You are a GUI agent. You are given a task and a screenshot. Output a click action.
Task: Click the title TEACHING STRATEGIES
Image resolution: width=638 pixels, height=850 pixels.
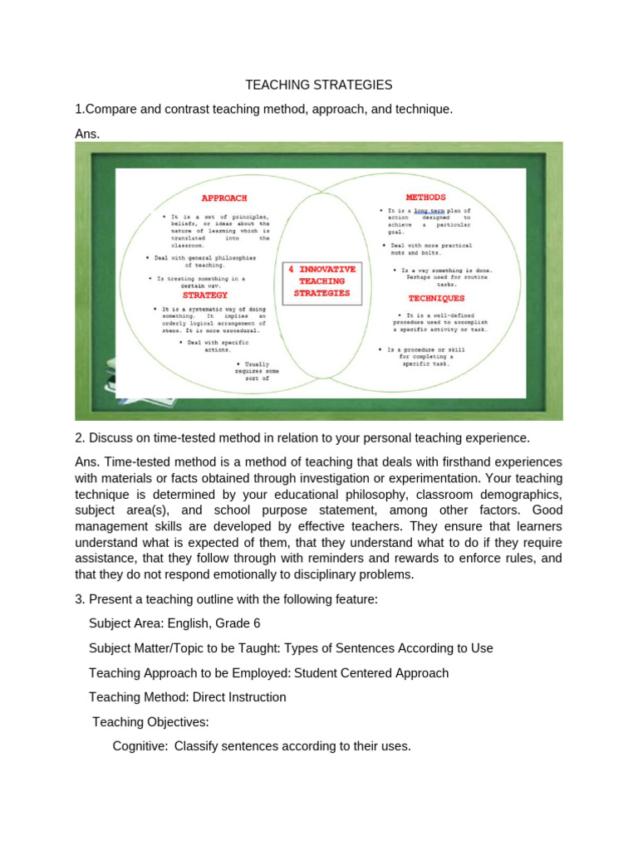point(319,85)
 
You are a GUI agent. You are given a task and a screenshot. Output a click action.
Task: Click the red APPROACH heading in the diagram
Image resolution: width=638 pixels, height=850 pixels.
point(224,198)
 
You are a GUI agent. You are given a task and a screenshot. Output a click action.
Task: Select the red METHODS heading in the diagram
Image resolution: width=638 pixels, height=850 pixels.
point(425,198)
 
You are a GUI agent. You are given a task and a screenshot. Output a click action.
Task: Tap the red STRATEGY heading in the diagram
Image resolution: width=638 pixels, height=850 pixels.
point(204,295)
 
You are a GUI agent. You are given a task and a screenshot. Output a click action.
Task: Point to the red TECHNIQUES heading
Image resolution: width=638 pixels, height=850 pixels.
point(436,298)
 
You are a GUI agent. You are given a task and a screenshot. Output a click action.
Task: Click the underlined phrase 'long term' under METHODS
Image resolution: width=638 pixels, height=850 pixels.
point(424,212)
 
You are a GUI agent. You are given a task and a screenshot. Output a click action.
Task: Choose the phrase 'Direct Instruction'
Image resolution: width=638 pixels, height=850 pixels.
point(239,697)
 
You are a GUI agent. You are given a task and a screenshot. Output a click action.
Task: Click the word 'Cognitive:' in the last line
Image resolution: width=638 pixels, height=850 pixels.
point(140,746)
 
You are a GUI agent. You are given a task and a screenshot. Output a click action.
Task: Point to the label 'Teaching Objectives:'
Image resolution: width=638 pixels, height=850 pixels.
point(148,722)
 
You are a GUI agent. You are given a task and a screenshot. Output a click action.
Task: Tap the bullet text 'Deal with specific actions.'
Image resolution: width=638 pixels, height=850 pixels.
point(218,346)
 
